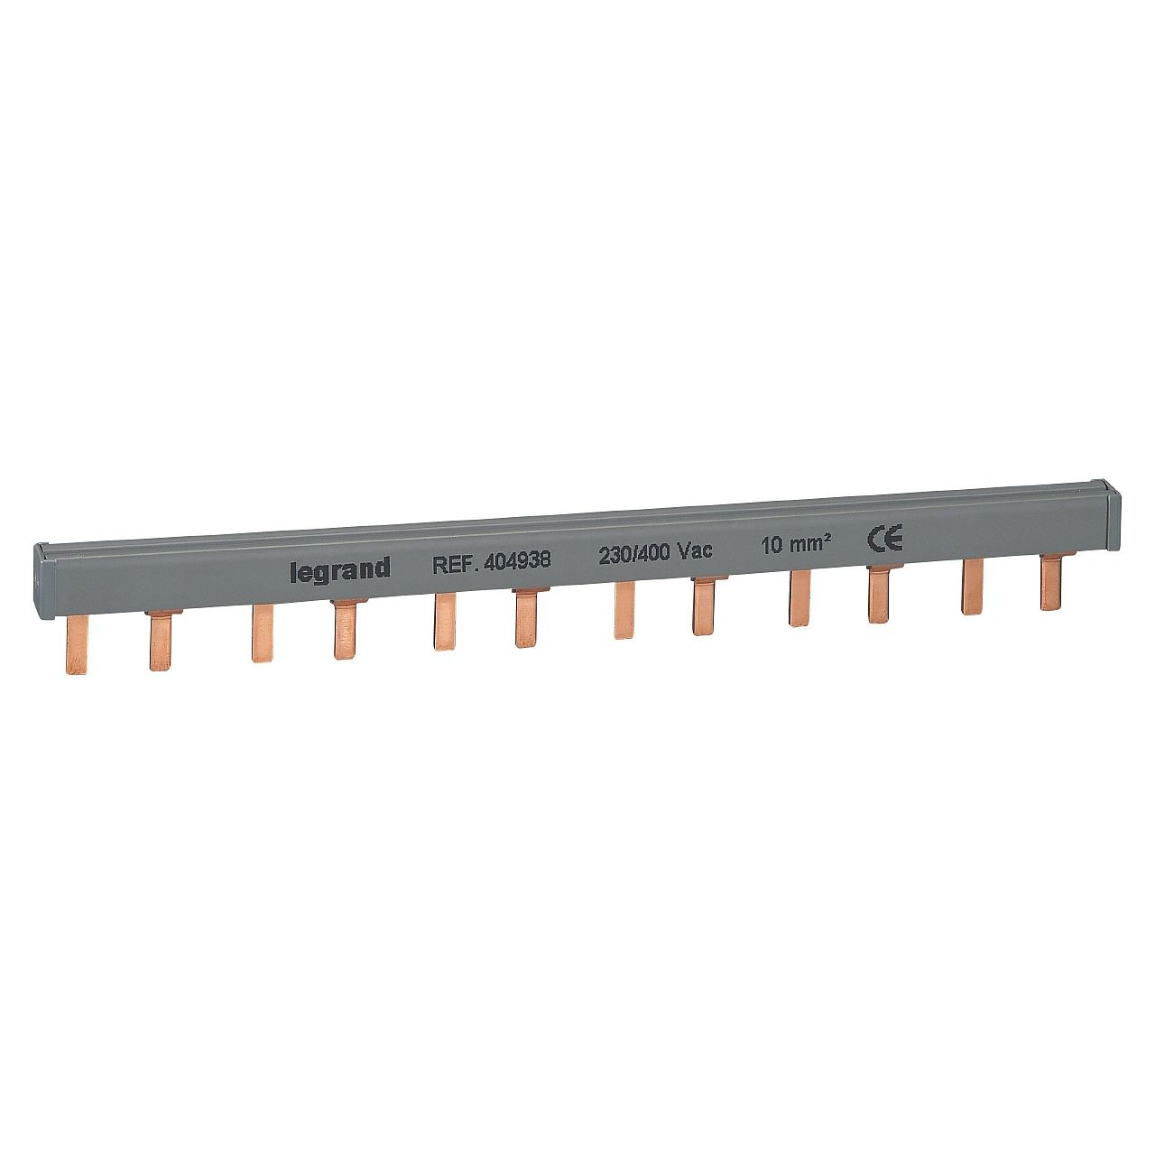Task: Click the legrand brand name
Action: coord(339,568)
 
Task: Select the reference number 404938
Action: coord(517,560)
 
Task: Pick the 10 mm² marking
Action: coord(795,545)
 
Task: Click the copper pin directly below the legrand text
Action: coord(344,631)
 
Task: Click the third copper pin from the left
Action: coord(263,634)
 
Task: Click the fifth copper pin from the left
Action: coord(443,622)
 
